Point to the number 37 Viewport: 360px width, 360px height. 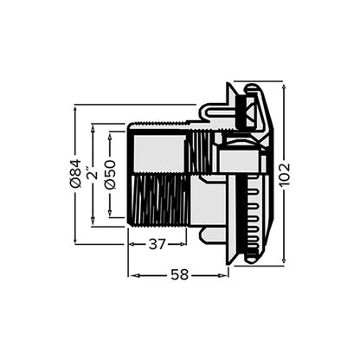click(x=157, y=244)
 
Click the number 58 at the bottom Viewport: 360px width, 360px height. click(x=179, y=274)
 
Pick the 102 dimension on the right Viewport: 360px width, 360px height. click(x=285, y=174)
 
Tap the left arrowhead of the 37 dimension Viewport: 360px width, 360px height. click(x=132, y=244)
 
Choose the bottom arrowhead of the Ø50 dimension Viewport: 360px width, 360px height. click(x=110, y=214)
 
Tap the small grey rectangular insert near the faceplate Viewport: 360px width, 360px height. click(x=235, y=159)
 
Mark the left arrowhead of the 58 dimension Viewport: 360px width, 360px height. click(x=132, y=274)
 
